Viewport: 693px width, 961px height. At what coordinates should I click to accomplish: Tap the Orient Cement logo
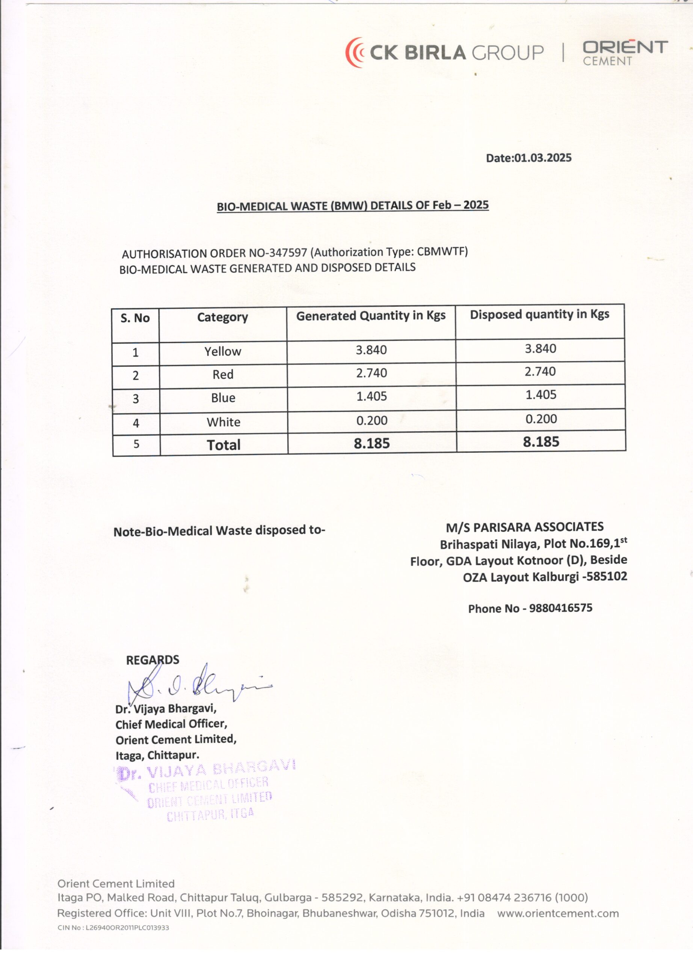click(x=625, y=53)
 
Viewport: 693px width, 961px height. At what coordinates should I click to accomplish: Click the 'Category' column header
click(x=222, y=317)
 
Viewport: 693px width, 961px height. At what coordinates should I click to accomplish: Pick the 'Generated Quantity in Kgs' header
click(x=371, y=316)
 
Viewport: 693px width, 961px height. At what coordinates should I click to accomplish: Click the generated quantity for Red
click(x=371, y=373)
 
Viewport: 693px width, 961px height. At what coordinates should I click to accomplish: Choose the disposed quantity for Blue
click(x=541, y=395)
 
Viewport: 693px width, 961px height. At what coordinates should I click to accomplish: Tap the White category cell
click(x=223, y=422)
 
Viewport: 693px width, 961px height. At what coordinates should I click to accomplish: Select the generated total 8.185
click(x=372, y=443)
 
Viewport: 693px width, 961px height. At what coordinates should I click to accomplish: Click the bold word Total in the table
click(x=223, y=444)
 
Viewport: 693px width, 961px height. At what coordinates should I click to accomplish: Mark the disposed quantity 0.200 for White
click(x=541, y=419)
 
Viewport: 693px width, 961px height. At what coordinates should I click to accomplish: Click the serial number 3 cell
click(x=136, y=399)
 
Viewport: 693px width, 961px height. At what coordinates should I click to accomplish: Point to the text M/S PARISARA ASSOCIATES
click(x=525, y=527)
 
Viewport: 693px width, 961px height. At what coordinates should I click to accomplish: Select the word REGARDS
click(x=152, y=660)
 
